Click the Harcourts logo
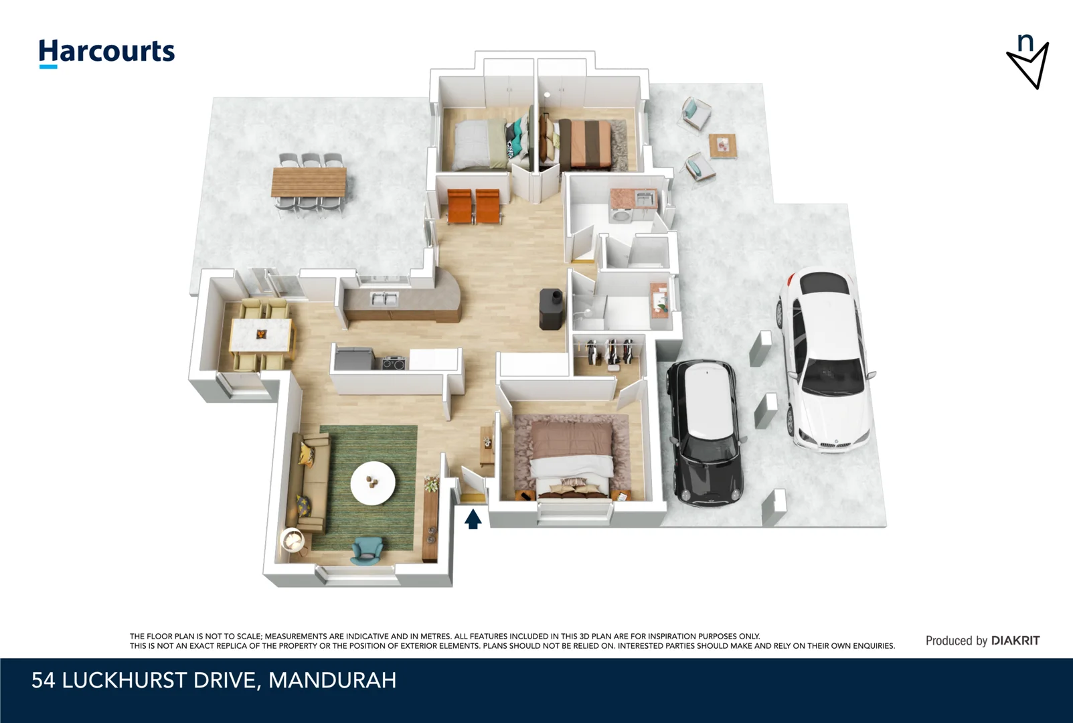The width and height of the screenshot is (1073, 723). click(x=106, y=52)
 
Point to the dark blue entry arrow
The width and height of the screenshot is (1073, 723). click(x=473, y=519)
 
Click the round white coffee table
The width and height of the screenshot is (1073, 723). click(x=373, y=483)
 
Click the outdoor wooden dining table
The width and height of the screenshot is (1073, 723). click(x=309, y=181)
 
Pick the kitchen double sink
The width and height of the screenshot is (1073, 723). click(x=384, y=299)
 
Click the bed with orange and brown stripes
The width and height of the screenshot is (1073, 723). click(x=584, y=143)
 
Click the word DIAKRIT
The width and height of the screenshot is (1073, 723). click(x=1015, y=641)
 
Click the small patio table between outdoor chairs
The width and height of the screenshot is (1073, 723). click(x=722, y=144)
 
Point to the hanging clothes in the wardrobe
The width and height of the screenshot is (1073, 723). click(x=609, y=350)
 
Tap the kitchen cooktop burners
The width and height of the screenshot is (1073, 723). click(x=394, y=364)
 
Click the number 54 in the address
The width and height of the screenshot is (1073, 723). click(x=43, y=680)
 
